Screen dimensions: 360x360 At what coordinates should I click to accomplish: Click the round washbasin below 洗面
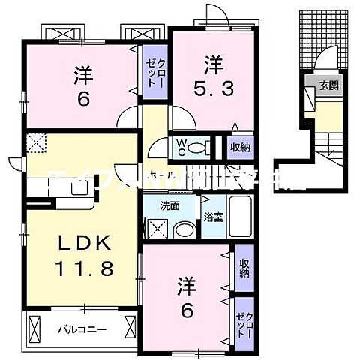[181, 228]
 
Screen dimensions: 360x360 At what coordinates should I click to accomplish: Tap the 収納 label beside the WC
[239, 146]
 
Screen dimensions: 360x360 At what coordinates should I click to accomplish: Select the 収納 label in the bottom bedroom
[244, 268]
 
